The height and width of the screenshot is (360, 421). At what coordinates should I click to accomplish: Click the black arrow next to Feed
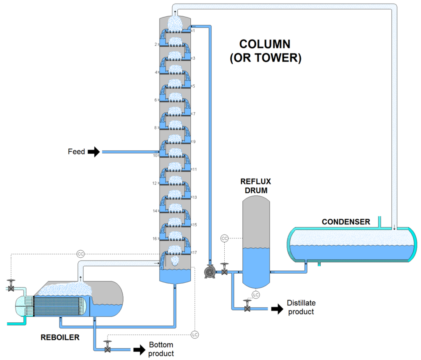pyautogui.click(x=94, y=152)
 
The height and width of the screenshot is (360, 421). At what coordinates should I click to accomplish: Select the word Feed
pyautogui.click(x=76, y=152)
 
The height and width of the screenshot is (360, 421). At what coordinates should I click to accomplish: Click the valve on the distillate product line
pyautogui.click(x=247, y=309)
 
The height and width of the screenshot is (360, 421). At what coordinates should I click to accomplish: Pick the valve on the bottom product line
pyautogui.click(x=107, y=349)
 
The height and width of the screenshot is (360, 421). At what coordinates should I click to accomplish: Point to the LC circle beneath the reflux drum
pyautogui.click(x=256, y=295)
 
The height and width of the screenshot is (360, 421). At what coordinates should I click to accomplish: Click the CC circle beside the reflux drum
pyautogui.click(x=224, y=238)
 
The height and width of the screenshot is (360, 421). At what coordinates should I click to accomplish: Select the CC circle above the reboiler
pyautogui.click(x=80, y=254)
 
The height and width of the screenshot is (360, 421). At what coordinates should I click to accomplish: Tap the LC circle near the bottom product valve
pyautogui.click(x=195, y=334)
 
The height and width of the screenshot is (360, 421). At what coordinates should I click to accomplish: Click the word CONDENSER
pyautogui.click(x=346, y=222)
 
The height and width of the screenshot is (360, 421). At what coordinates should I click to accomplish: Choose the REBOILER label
pyautogui.click(x=60, y=337)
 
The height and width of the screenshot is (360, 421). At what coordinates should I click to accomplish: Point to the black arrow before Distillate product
pyautogui.click(x=277, y=309)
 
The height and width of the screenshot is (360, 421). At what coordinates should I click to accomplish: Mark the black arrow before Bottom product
pyautogui.click(x=139, y=350)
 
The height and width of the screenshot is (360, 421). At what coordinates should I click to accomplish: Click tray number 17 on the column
pyautogui.click(x=194, y=252)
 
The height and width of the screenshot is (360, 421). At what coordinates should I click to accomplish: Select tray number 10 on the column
pyautogui.click(x=155, y=155)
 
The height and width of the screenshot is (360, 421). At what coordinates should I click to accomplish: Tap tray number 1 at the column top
pyautogui.click(x=194, y=30)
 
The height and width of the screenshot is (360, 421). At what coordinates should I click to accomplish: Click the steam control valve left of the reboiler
pyautogui.click(x=11, y=288)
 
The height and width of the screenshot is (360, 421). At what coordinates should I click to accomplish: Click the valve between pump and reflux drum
pyautogui.click(x=224, y=272)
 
